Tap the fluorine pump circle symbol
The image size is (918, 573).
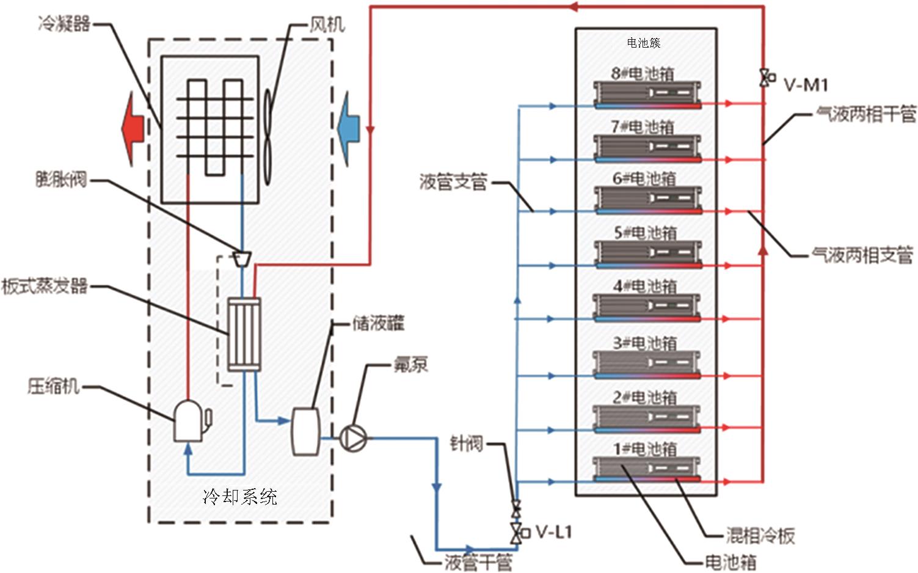353,438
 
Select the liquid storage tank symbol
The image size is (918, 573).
306,431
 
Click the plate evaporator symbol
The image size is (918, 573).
244,334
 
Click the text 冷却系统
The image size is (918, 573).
240,496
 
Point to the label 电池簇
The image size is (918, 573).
644,43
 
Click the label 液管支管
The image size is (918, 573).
453,182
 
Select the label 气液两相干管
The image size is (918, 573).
866,114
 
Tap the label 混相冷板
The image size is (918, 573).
760,536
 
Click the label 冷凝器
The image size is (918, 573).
64,24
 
